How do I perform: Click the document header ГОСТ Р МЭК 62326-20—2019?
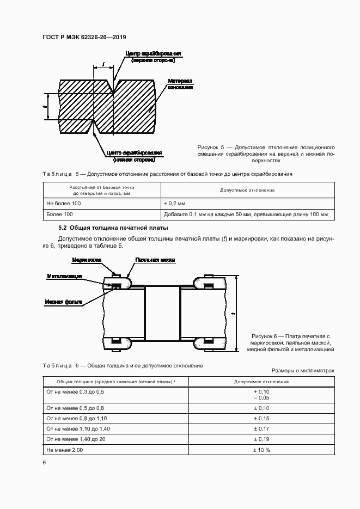(84, 37)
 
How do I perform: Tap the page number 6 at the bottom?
(45, 462)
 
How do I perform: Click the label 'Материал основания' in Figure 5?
(179, 83)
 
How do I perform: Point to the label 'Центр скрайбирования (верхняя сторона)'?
(153, 57)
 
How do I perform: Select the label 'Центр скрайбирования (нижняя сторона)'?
(134, 156)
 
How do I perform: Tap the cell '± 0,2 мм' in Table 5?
(175, 203)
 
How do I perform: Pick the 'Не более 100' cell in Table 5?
(64, 203)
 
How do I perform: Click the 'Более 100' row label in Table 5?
(59, 214)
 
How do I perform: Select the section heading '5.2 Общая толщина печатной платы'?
(113, 228)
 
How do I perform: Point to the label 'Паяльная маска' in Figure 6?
(155, 261)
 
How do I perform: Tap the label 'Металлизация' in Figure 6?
(64, 277)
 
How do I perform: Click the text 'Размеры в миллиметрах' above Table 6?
(303, 370)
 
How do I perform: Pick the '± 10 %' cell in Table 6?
(262, 450)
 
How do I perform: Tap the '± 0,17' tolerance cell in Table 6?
(262, 429)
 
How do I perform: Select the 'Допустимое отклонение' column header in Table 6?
(262, 382)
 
